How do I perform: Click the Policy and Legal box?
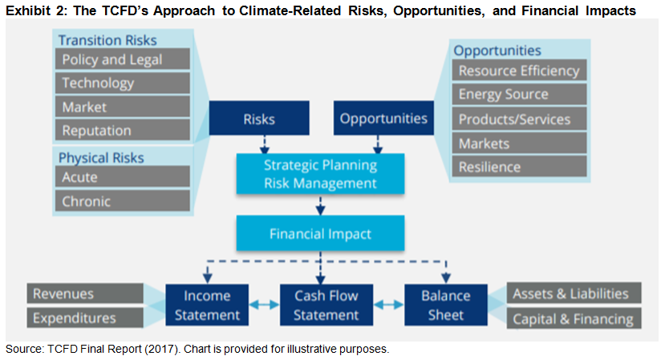click(122, 59)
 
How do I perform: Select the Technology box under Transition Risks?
click(122, 83)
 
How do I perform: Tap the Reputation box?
click(122, 130)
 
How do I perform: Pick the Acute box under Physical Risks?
click(122, 176)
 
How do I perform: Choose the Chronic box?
click(122, 200)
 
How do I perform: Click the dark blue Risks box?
click(259, 119)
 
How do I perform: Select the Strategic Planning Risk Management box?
click(320, 174)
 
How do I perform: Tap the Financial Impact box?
click(320, 233)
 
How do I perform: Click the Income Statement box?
click(207, 305)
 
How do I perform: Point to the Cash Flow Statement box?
click(326, 305)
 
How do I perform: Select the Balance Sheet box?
click(446, 305)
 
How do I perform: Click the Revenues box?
click(85, 293)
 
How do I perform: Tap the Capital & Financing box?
click(574, 318)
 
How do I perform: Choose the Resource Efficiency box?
click(519, 71)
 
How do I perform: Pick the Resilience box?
click(519, 166)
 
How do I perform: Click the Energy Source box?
click(519, 94)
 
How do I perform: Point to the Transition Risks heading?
click(107, 40)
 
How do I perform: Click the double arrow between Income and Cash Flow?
click(264, 305)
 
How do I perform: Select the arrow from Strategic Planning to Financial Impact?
click(320, 205)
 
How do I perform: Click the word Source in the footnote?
click(24, 349)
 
